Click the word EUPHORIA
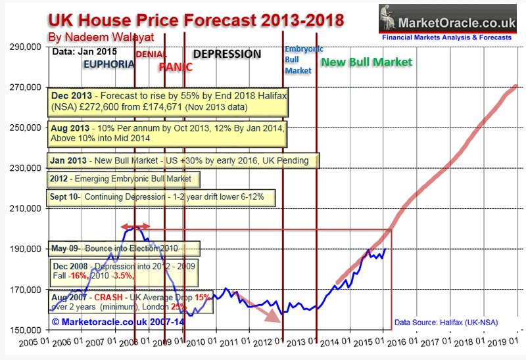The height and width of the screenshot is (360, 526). pos(108,64)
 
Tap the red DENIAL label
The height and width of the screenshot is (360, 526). pos(151,53)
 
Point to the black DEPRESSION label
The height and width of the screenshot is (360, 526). pos(226,54)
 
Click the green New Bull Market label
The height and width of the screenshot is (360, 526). pos(366,62)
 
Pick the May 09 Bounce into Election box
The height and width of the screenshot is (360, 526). pos(123,249)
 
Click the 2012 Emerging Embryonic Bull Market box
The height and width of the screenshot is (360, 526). pos(124,179)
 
